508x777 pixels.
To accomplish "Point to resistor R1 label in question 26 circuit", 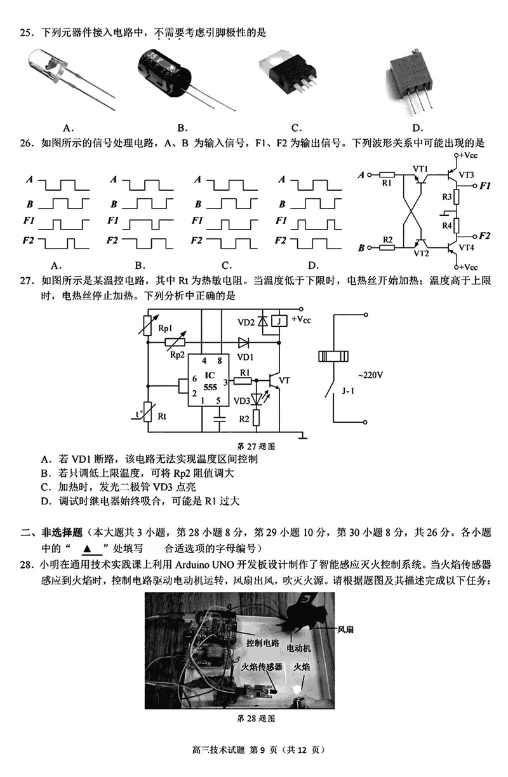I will point(387,183).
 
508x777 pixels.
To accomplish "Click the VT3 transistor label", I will point(465,175).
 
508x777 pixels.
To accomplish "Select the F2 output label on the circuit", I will point(485,236).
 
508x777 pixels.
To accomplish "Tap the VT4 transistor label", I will point(466,247).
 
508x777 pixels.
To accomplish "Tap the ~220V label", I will point(371,375).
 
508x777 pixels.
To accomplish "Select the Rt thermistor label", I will point(163,416).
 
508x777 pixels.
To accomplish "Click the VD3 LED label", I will point(241,401).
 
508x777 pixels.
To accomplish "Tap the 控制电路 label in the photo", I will point(262,643).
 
